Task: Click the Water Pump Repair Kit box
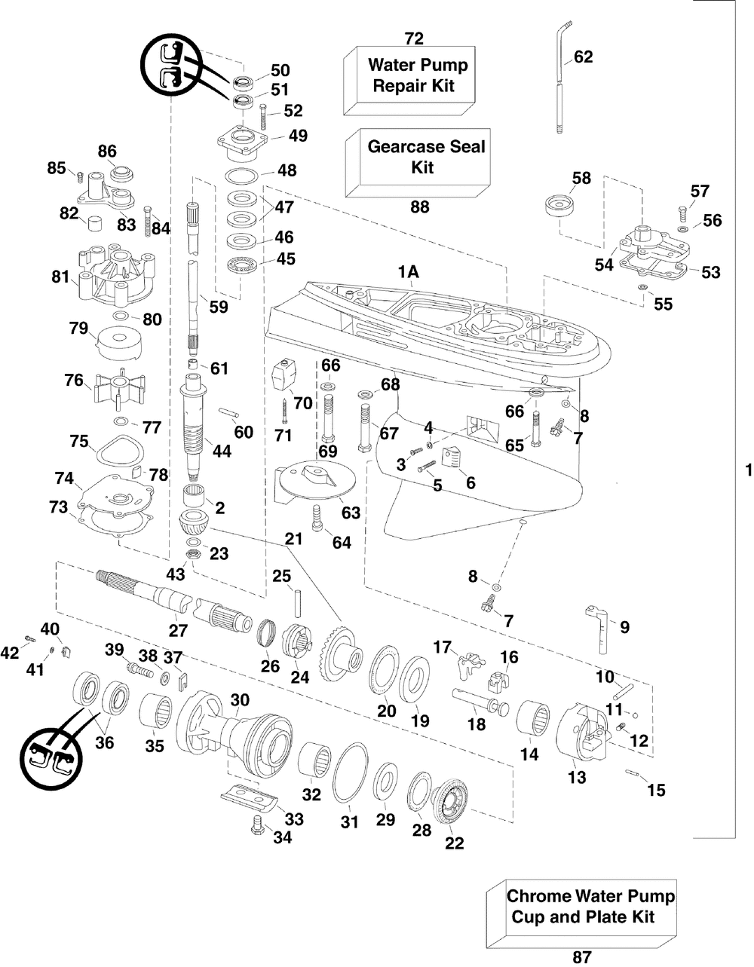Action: [409, 81]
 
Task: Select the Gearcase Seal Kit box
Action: [418, 163]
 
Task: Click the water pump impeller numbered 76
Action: [120, 387]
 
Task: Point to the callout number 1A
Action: [409, 271]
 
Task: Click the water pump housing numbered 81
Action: [117, 274]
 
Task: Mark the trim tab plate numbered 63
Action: [315, 481]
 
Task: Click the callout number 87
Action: [582, 957]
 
